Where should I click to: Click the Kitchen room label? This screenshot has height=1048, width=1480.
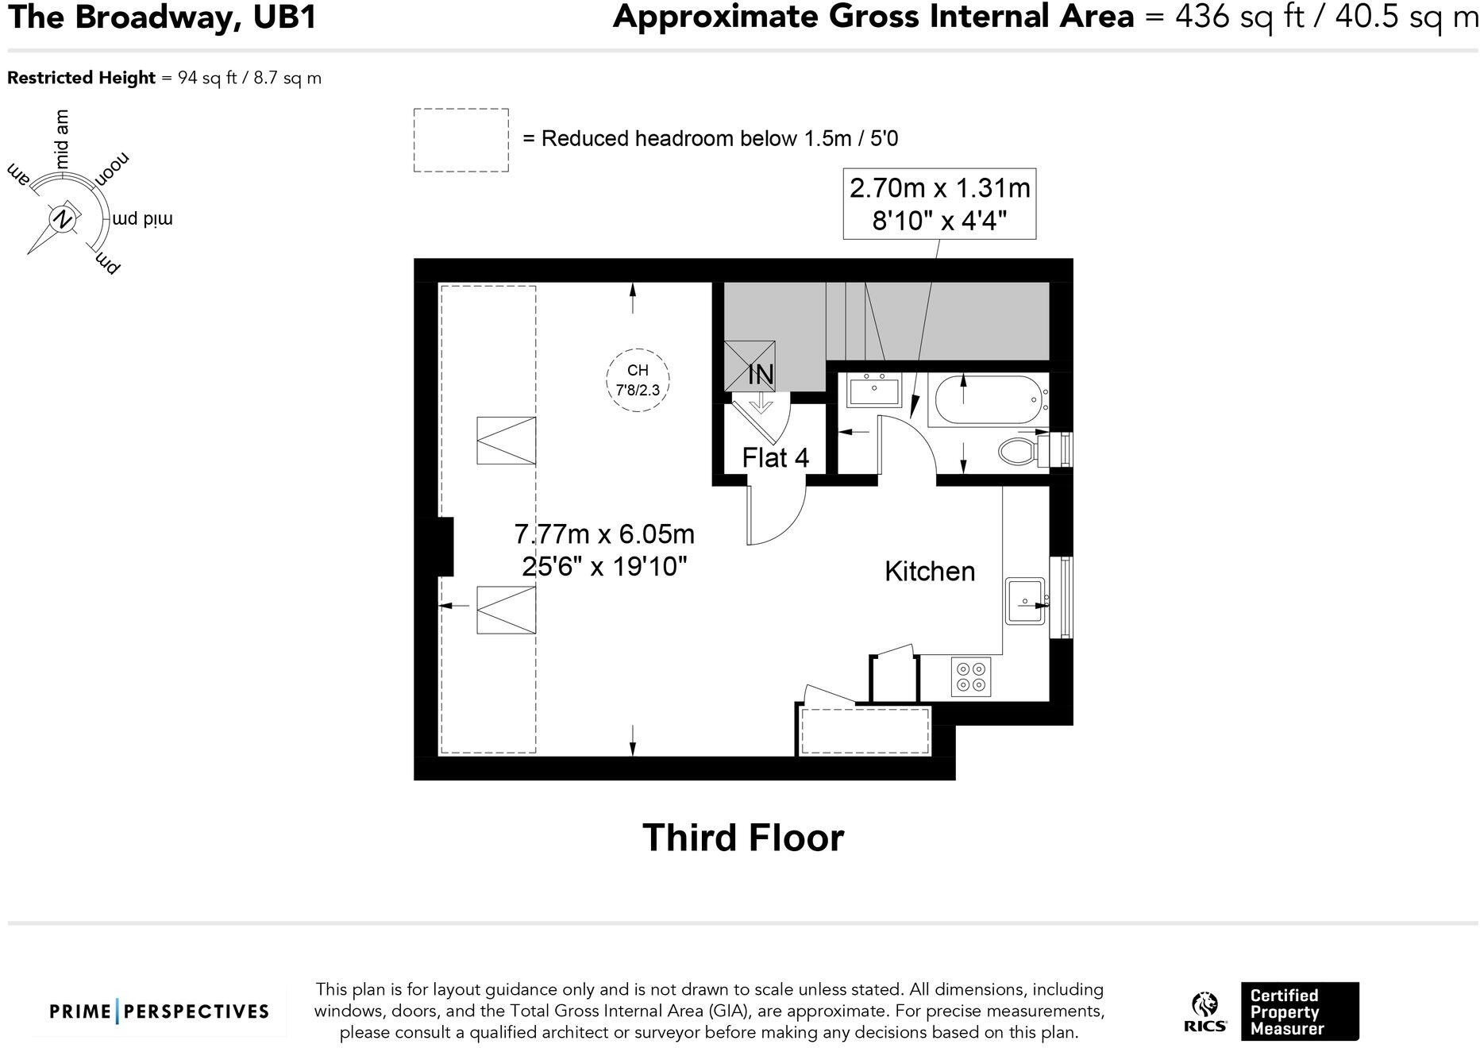930,572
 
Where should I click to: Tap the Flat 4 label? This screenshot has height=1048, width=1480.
775,458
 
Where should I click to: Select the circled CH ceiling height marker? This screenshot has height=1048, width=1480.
638,380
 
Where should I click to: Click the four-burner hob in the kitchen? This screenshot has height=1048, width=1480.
971,676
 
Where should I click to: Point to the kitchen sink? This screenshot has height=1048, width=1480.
1026,602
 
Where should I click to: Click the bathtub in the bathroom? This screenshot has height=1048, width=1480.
989,401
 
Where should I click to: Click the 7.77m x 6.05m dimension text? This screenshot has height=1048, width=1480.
604,534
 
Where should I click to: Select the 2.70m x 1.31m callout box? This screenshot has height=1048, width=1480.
939,203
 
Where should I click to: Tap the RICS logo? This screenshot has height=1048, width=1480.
1204,1012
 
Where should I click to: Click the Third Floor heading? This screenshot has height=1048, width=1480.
743,838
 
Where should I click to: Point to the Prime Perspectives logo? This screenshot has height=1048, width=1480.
160,1011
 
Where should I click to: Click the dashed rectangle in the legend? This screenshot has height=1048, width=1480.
461,141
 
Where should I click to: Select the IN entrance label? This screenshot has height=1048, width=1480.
761,375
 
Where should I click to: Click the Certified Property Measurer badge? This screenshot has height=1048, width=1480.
1300,1011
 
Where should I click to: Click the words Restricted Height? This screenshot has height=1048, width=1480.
81,78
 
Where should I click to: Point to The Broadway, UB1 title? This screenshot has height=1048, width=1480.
162,17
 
